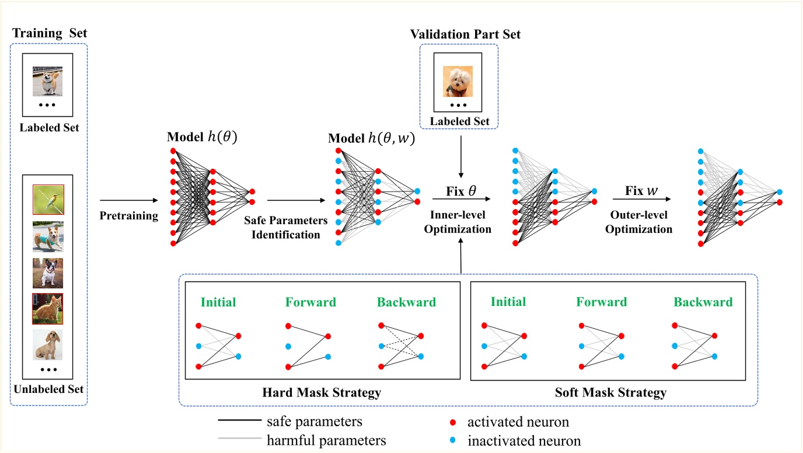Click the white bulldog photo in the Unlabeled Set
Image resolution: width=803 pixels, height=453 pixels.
(48, 273)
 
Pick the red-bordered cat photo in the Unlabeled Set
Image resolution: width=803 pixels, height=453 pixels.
(48, 309)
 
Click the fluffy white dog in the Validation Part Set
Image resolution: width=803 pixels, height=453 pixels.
(457, 81)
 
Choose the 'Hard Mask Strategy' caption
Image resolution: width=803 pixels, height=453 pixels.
(322, 393)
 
